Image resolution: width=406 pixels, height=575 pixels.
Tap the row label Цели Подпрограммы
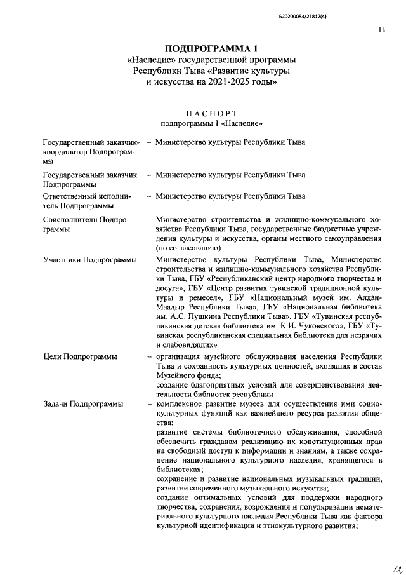(80, 357)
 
